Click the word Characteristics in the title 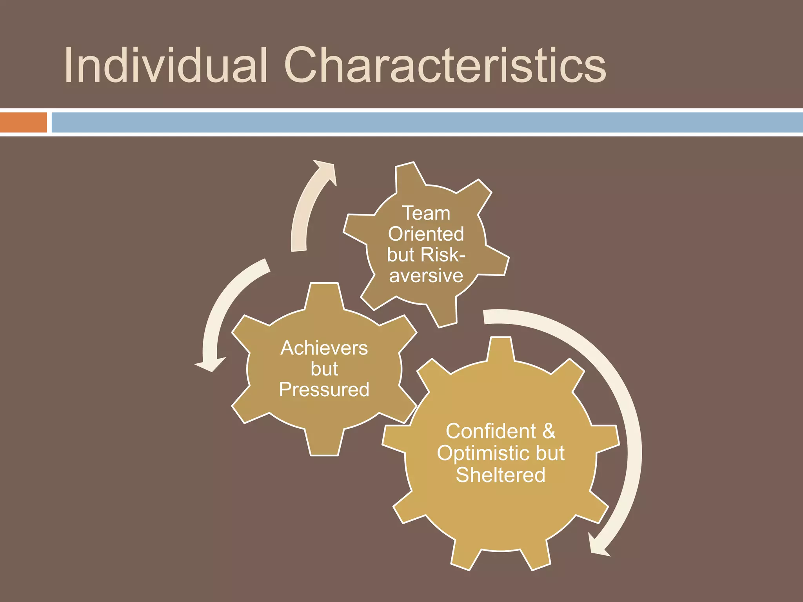pos(445,65)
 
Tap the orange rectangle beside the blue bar pos(23,122)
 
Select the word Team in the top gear pos(426,214)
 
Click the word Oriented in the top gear pos(426,234)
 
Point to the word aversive pos(426,276)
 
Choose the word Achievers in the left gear pos(324,348)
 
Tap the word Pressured pos(324,390)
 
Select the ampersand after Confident pos(549,432)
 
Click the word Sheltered pos(501,475)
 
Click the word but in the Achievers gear pos(324,369)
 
